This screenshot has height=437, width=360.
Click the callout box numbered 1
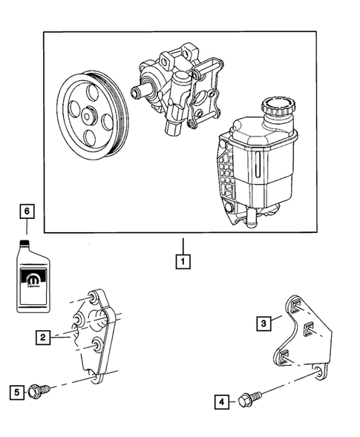180,261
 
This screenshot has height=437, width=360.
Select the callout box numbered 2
45,338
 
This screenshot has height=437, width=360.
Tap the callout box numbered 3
263,322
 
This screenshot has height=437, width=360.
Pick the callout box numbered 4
221,402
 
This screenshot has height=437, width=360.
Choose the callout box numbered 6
27,211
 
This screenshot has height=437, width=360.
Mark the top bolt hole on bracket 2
93,298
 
